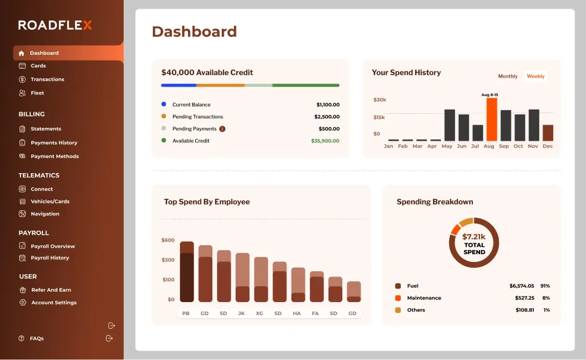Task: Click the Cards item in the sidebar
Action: coord(38,66)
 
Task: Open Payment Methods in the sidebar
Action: coord(54,156)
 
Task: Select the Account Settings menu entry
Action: coord(54,303)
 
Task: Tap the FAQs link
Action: coord(37,339)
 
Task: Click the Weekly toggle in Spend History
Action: coord(535,76)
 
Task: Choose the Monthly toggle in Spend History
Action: coord(508,76)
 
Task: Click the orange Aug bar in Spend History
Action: coord(492,119)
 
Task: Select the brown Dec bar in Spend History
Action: coord(547,133)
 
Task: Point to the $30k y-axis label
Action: coord(380,100)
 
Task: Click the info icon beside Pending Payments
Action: coord(222,129)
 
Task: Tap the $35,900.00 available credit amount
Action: coord(325,141)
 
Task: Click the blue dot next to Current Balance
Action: coord(164,104)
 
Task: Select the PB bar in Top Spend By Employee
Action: coord(187,272)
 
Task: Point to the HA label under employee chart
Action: coord(297,314)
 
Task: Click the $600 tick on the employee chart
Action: coord(168,241)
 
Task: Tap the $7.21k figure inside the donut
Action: coord(474,237)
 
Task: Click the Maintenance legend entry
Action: coord(424,298)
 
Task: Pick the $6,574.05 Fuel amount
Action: coord(521,286)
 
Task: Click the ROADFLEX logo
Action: coord(55,25)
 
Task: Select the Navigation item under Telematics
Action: coord(45,214)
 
